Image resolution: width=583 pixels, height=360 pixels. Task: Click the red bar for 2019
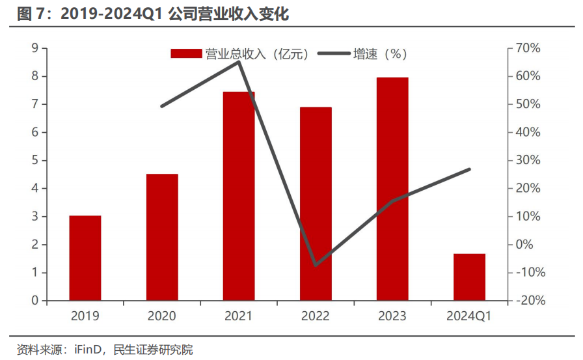point(85,258)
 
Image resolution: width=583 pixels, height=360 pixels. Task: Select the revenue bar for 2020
point(162,237)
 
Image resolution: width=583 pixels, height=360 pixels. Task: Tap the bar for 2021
point(239,196)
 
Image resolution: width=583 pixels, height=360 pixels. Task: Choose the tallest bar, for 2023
point(392,189)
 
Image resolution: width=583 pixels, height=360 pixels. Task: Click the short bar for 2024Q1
point(469,277)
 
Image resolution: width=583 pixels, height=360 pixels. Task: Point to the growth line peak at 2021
point(239,61)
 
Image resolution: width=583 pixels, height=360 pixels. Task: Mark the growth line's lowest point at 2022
point(316,265)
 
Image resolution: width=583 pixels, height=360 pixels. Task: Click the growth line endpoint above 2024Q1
point(469,169)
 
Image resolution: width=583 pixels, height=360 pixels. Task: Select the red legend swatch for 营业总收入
point(186,54)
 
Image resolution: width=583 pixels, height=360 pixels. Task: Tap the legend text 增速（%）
point(380,54)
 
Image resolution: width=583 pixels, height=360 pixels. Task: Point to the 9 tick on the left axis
point(34,48)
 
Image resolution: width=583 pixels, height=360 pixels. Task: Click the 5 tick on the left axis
point(34,160)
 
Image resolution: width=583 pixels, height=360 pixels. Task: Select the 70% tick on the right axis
point(528,48)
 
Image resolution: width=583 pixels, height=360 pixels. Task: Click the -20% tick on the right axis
point(528,301)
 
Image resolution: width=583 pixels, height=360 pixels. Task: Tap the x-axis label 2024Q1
point(469,316)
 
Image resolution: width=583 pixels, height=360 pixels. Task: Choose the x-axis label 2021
point(239,316)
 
